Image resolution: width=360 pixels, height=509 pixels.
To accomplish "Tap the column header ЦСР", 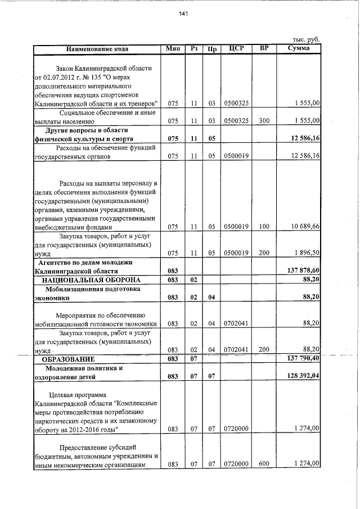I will click(x=236, y=48).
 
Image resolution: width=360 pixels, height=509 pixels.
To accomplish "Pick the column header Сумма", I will click(x=298, y=48).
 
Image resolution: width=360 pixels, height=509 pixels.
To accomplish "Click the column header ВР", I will click(x=263, y=48).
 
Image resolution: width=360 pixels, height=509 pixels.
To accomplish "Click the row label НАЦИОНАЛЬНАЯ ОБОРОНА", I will click(x=93, y=280).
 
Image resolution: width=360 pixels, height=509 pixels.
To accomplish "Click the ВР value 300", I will click(x=263, y=120).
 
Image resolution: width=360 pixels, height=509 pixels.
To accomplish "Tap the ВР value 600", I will click(x=263, y=465).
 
